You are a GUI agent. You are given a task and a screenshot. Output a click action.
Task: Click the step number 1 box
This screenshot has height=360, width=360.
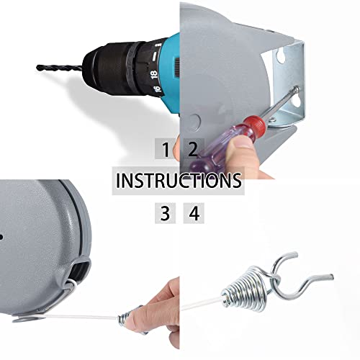[165, 149]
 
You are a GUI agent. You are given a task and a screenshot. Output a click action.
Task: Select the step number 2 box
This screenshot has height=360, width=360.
[194, 149]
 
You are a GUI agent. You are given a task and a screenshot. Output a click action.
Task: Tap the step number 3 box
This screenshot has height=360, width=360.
[165, 213]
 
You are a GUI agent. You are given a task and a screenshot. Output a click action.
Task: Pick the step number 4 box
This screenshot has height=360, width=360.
[194, 213]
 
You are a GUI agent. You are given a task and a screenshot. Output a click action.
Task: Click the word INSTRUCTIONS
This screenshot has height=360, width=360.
[179, 181]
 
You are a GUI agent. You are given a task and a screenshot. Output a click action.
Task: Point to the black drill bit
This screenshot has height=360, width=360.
[60, 68]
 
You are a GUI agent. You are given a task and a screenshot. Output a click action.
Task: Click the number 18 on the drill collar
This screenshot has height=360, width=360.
[154, 74]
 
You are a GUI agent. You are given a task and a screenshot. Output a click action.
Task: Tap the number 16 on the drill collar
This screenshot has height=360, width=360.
[156, 89]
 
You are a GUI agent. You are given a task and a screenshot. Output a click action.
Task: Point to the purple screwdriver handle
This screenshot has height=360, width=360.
[218, 151]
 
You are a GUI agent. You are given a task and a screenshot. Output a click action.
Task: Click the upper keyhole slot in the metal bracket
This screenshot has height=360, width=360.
[280, 55]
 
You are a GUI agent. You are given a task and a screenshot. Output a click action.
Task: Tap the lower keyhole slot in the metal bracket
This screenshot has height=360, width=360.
[296, 99]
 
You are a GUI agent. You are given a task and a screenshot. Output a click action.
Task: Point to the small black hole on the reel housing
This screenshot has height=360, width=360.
[1, 237]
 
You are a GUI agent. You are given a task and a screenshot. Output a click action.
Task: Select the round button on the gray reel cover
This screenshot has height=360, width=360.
[194, 120]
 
